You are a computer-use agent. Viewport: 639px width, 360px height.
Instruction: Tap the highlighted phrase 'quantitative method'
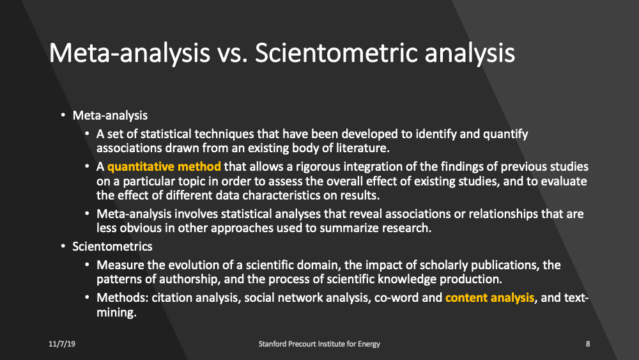[164, 167]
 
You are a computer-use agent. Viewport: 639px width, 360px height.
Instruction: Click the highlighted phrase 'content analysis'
[489, 297]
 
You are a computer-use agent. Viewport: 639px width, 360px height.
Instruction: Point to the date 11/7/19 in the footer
[61, 344]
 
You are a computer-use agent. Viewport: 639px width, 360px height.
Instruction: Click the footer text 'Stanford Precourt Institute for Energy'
[319, 344]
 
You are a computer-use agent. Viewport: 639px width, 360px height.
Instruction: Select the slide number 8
[587, 344]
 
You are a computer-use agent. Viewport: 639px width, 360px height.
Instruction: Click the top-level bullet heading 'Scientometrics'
[112, 246]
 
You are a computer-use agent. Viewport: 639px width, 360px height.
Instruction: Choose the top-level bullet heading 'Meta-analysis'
[110, 116]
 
